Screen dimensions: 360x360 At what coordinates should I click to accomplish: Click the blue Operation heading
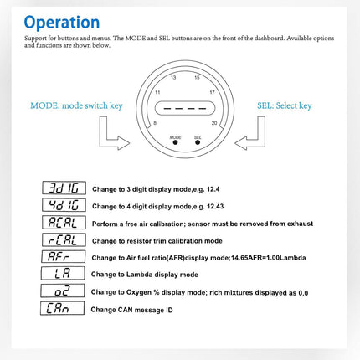(62, 23)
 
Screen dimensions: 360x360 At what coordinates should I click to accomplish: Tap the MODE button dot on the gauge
(175, 142)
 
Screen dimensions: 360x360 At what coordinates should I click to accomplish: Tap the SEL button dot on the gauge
(198, 142)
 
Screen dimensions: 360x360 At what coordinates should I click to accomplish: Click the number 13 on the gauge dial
(173, 77)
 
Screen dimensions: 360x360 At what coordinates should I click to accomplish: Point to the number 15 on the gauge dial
(197, 77)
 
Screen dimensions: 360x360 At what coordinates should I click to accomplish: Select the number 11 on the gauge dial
(157, 92)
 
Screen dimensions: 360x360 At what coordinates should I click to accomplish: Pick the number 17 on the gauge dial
(212, 92)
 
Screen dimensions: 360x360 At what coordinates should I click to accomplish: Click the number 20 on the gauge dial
(214, 123)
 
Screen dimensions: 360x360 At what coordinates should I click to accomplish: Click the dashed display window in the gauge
(185, 108)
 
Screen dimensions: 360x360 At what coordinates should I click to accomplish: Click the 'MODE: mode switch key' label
(76, 105)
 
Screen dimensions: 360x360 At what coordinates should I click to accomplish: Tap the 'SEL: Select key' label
(285, 105)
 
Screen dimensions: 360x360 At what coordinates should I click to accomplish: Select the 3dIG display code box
(64, 188)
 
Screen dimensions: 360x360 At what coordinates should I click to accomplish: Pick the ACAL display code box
(64, 222)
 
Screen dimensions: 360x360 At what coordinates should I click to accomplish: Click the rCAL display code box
(64, 239)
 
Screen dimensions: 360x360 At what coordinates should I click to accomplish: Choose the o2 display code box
(63, 291)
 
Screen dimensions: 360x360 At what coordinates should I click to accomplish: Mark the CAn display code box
(62, 308)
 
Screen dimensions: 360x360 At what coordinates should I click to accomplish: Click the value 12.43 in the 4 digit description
(215, 207)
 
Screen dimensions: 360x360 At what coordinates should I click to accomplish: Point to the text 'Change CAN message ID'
(131, 310)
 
